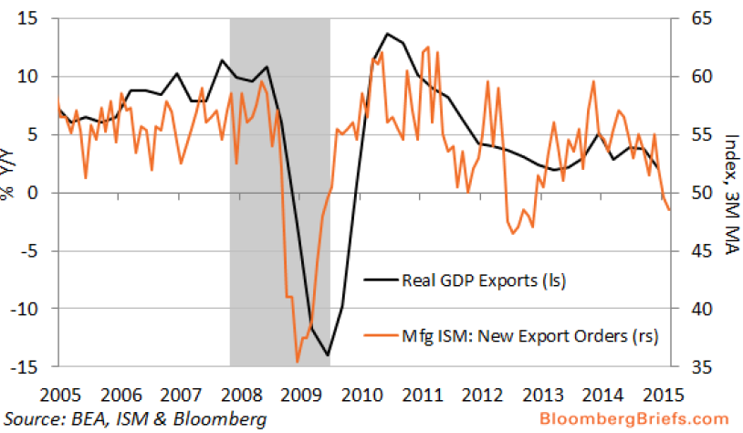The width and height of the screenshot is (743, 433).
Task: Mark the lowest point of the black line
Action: pyautogui.click(x=327, y=355)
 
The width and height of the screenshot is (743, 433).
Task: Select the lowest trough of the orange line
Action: pyautogui.click(x=298, y=363)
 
